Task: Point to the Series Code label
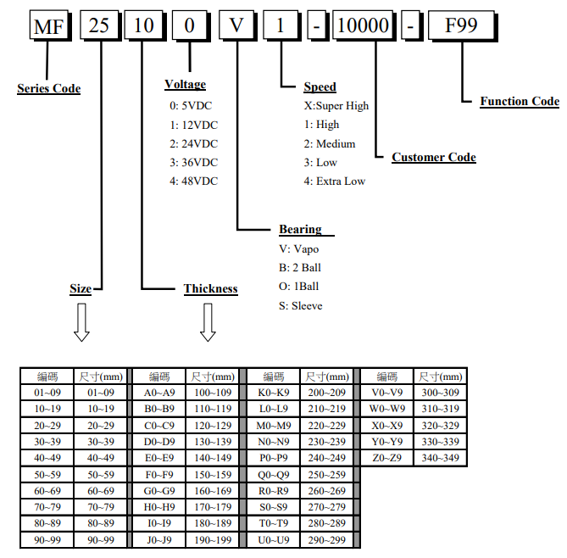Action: (48, 88)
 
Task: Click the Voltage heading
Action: (185, 85)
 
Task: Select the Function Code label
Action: (520, 102)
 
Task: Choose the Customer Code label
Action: (433, 158)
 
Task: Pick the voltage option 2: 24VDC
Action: (193, 144)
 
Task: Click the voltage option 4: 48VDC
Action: (193, 181)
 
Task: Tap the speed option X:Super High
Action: (336, 106)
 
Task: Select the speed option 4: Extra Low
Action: (335, 181)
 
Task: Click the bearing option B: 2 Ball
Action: (300, 268)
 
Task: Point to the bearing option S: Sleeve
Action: (301, 305)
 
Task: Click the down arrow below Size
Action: (81, 322)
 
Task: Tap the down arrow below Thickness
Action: (207, 322)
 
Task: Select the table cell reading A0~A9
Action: (159, 393)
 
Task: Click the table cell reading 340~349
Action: (440, 458)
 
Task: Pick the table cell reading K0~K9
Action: (273, 393)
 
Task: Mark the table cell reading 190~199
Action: (213, 540)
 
